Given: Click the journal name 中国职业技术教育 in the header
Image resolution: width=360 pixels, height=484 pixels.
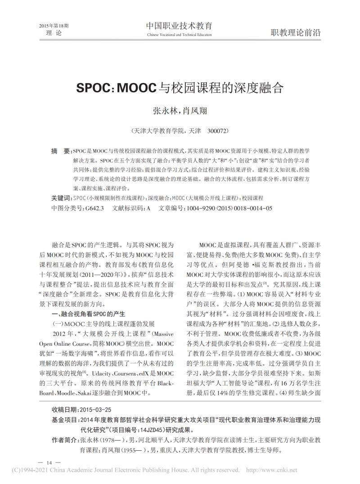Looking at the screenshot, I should pos(179,26).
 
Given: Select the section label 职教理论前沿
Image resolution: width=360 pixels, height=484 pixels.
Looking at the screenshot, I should pos(295,32).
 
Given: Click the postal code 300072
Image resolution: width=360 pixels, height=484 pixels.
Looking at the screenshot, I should pos(219,131).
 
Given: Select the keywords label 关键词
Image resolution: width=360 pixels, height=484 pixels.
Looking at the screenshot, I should pos(61,198).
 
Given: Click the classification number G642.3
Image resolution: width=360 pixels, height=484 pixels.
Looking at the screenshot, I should pos(94,208).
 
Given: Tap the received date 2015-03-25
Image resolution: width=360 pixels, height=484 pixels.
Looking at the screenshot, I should pos(94,410).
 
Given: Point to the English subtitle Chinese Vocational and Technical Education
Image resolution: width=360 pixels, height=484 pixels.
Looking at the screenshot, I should pos(179,35).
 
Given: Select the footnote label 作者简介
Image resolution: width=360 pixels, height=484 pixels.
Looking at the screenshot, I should pos(64,439).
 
